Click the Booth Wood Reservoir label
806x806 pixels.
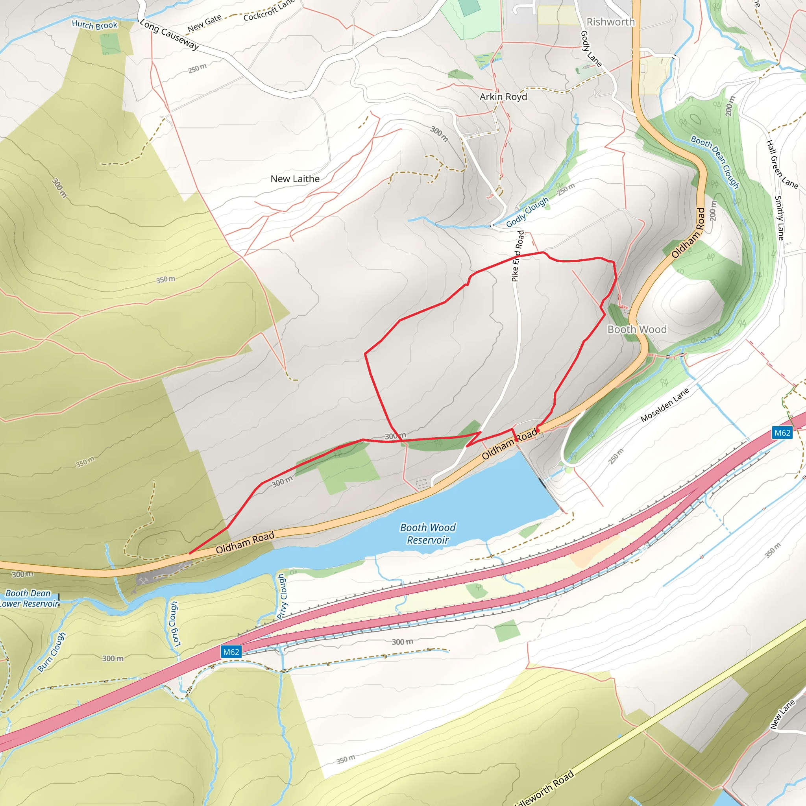428,534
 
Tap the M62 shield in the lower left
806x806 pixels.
231,652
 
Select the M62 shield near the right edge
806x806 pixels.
782,433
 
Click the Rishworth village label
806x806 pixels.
610,22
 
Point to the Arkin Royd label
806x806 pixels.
503,97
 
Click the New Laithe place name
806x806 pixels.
295,179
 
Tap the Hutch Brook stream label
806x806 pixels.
95,25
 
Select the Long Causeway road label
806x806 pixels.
169,35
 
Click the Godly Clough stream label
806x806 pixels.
527,212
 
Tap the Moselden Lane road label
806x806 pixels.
665,405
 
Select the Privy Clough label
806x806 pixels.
283,596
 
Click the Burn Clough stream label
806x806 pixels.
52,652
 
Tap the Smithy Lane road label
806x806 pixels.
779,218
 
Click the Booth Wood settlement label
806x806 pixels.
637,329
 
